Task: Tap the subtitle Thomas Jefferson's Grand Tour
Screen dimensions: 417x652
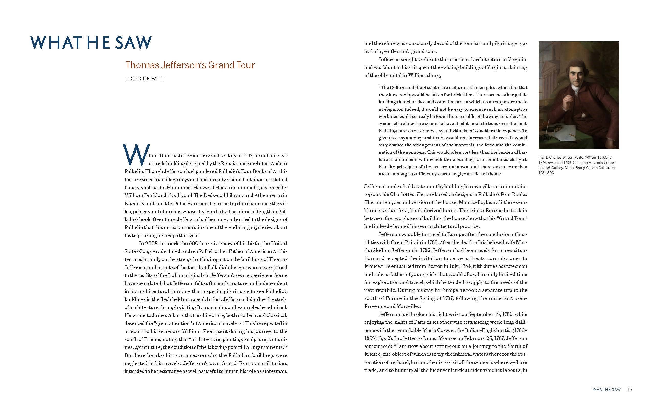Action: (x=190, y=65)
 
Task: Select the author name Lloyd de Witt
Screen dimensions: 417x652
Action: (x=144, y=79)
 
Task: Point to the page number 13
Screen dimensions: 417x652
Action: (x=629, y=389)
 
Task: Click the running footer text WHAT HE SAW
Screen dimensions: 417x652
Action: (x=606, y=390)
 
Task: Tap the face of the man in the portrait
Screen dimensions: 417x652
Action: (x=573, y=77)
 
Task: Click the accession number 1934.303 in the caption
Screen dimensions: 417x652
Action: (x=546, y=173)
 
